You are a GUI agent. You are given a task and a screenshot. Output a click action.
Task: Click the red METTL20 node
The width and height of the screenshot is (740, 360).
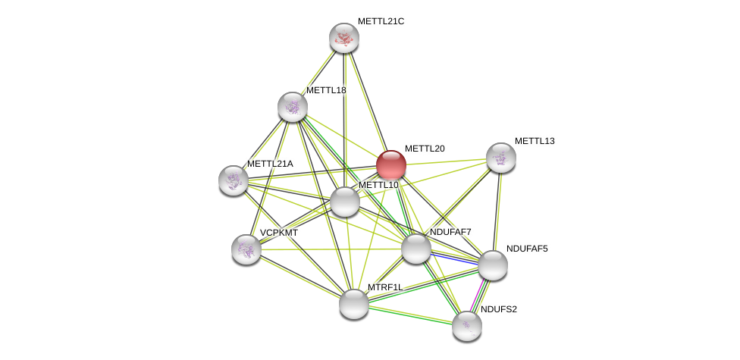(391, 164)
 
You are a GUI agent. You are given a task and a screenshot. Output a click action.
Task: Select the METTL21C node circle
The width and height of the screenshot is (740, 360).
(344, 38)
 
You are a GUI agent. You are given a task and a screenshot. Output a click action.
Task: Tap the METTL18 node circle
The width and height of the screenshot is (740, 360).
(293, 107)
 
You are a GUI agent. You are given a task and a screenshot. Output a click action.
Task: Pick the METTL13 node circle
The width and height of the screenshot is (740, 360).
(501, 158)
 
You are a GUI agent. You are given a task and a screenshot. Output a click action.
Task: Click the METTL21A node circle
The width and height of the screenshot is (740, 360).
(234, 180)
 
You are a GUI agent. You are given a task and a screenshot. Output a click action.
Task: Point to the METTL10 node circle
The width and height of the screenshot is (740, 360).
(345, 202)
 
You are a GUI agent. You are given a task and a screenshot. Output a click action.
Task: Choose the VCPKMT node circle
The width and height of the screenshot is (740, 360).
(246, 249)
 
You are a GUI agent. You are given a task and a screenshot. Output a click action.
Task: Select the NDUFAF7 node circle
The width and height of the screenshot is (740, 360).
(416, 249)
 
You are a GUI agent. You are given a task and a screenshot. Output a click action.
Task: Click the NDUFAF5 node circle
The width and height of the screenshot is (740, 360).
(493, 265)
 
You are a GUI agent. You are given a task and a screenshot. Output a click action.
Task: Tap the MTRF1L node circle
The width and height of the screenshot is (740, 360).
(354, 304)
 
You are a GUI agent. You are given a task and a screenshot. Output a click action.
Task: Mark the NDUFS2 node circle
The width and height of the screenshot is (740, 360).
(467, 326)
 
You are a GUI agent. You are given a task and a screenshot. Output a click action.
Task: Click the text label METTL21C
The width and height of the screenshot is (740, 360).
(381, 21)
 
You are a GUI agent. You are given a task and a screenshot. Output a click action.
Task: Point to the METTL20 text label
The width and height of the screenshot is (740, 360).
(425, 149)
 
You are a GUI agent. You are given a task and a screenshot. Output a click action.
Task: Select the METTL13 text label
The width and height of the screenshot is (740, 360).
(535, 141)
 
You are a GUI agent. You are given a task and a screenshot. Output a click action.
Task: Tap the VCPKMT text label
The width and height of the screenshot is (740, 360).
(279, 233)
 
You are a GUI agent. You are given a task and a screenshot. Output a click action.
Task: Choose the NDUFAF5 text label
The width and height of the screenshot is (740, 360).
(527, 249)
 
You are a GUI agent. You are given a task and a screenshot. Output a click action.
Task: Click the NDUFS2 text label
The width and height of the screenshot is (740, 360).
(499, 309)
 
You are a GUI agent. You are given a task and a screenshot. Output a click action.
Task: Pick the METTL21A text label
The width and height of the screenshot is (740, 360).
(270, 164)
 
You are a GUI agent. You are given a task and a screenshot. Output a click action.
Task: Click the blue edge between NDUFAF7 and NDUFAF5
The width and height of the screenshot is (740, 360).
(455, 258)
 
